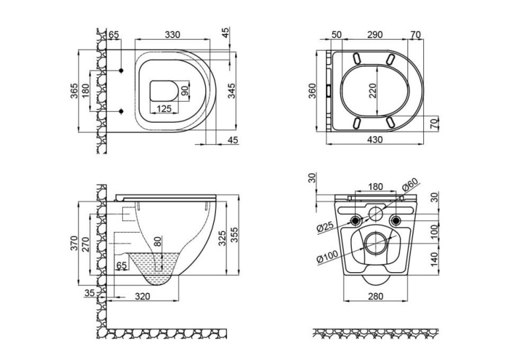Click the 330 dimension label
pyautogui.click(x=172, y=34)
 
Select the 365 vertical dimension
pyautogui.click(x=74, y=91)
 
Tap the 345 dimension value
pyautogui.click(x=232, y=91)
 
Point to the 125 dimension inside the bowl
pyautogui.click(x=164, y=108)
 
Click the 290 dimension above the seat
pyautogui.click(x=374, y=34)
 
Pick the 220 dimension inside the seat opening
pyautogui.click(x=372, y=91)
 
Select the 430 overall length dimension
pyautogui.click(x=375, y=139)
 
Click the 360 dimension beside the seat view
pyautogui.click(x=313, y=91)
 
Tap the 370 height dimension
pyautogui.click(x=74, y=243)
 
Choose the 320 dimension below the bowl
pyautogui.click(x=143, y=295)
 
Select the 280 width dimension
pyautogui.click(x=376, y=295)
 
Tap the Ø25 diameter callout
pyautogui.click(x=325, y=227)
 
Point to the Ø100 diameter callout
pyautogui.click(x=327, y=257)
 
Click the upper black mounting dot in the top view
pyautogui.click(x=121, y=71)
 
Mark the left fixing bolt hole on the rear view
pyautogui.click(x=356, y=221)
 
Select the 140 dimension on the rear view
pyautogui.click(x=434, y=260)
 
